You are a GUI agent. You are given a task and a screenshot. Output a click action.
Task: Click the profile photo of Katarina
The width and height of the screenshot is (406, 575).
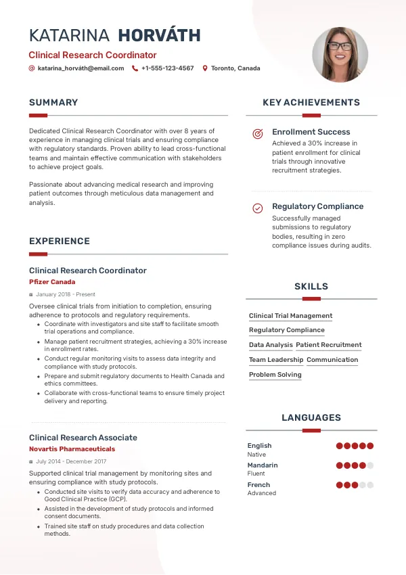click(340, 55)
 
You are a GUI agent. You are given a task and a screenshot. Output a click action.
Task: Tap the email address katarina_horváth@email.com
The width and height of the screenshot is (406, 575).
click(81, 68)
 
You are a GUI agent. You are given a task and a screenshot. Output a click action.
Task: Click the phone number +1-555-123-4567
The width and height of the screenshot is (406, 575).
click(167, 68)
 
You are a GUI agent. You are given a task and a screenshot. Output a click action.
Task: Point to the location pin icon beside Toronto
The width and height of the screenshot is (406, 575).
click(205, 68)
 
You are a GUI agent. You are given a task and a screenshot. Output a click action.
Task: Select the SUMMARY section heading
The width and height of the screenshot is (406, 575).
click(53, 103)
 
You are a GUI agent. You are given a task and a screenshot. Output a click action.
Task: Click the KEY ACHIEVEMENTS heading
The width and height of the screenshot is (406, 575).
click(311, 103)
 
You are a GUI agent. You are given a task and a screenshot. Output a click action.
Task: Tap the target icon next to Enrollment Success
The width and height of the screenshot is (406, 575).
click(258, 134)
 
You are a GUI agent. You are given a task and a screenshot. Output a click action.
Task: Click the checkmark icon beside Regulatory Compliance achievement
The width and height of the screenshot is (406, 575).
click(258, 208)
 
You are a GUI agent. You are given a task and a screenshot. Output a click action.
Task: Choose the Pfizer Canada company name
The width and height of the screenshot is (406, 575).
click(52, 282)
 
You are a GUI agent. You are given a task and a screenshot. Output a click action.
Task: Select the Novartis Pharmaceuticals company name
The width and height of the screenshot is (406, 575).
click(72, 449)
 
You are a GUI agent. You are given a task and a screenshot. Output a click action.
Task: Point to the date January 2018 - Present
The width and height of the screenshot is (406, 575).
click(66, 295)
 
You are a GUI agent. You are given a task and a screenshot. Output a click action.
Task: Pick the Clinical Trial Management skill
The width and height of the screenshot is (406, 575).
click(290, 316)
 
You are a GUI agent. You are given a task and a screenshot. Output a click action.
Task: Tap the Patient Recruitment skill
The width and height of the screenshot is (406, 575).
click(329, 345)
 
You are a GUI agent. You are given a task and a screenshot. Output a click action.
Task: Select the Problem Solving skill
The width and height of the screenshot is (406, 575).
click(275, 375)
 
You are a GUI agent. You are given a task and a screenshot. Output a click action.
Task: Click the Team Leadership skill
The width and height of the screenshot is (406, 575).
click(276, 360)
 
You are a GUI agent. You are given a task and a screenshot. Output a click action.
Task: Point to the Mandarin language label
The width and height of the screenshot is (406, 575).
click(263, 465)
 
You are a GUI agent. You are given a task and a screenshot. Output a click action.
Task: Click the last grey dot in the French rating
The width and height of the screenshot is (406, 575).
click(370, 485)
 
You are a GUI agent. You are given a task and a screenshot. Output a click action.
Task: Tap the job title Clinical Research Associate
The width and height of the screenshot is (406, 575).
click(83, 438)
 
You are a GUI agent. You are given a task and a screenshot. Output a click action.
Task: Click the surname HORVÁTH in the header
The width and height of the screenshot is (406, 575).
click(159, 36)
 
